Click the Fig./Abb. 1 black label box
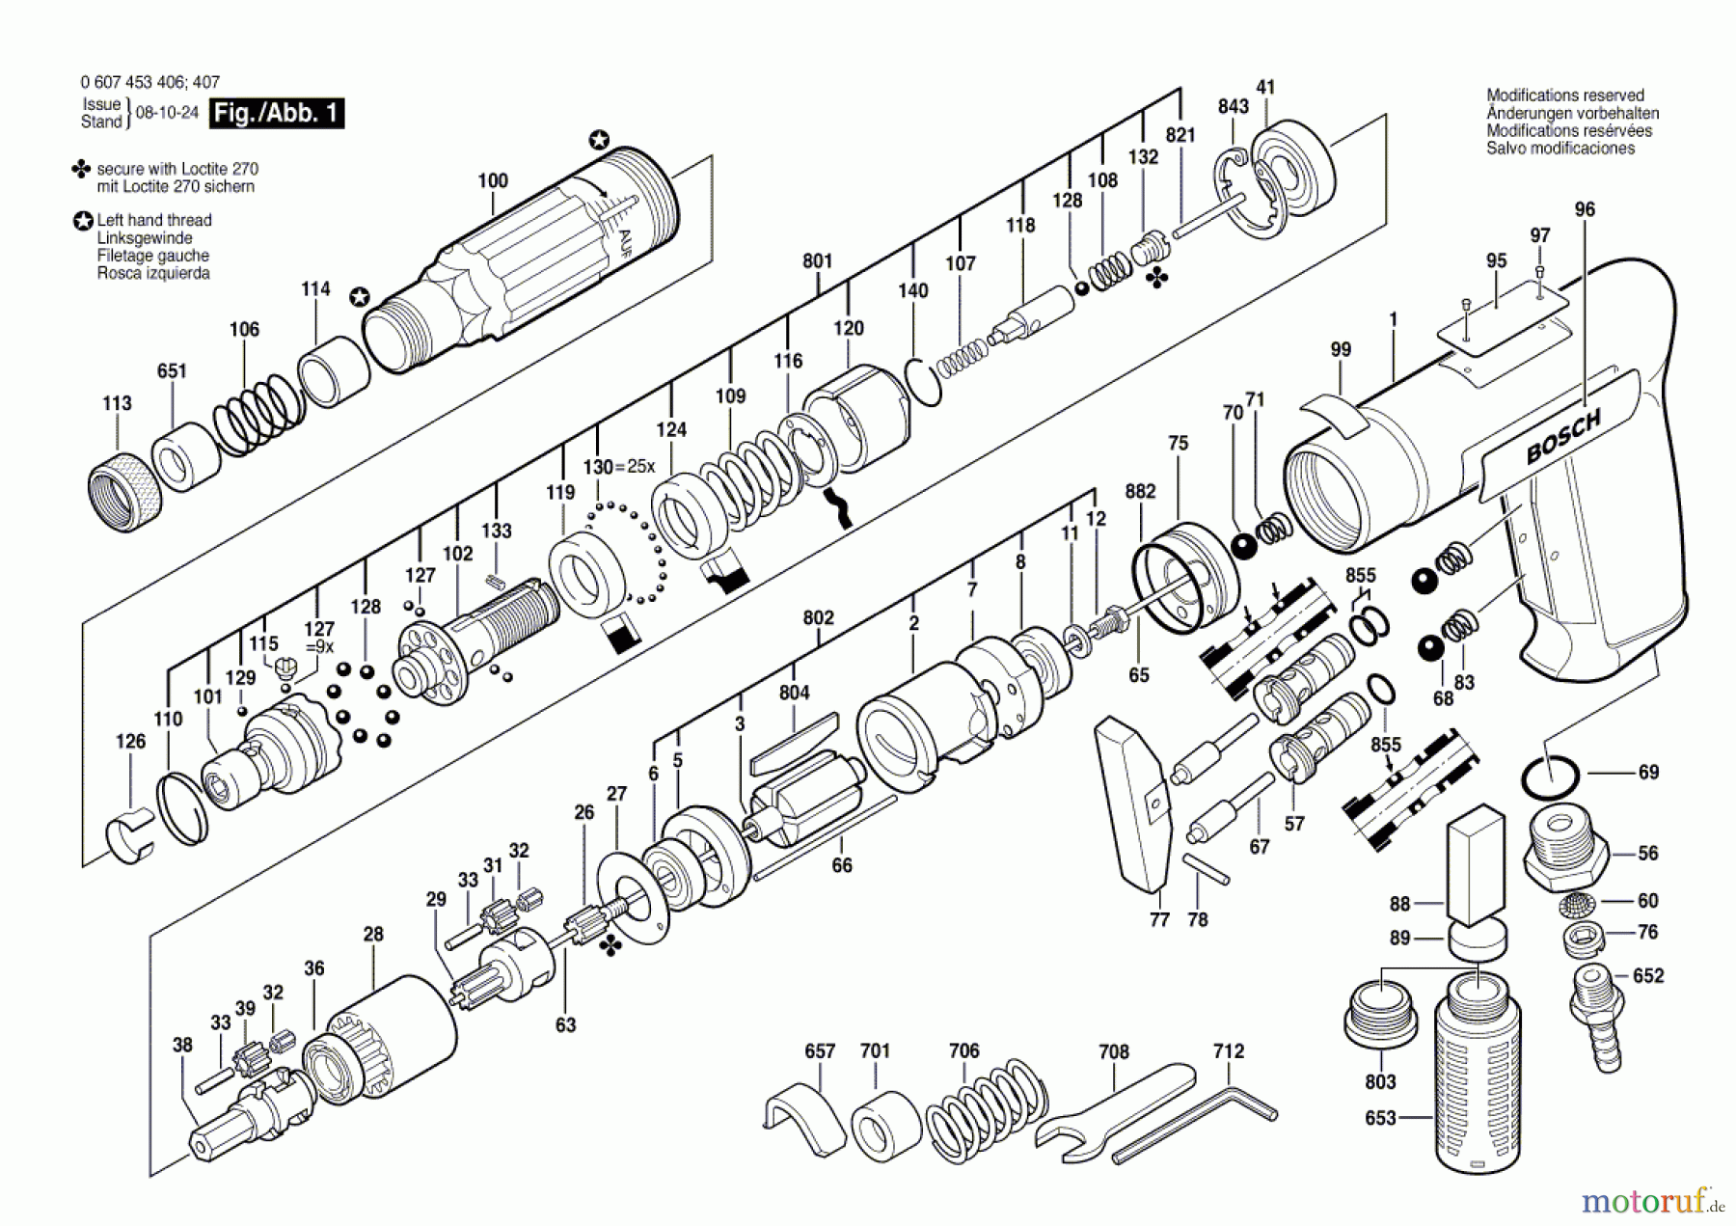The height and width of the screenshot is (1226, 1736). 278,113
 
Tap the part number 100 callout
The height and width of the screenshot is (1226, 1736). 493,180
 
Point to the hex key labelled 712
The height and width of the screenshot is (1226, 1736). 1196,1126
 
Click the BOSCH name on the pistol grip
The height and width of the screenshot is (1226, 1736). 1563,436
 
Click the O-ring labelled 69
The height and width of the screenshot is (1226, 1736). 1551,776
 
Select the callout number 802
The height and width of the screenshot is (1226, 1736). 818,617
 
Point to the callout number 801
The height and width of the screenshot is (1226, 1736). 817,260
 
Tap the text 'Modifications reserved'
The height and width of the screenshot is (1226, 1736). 1565,95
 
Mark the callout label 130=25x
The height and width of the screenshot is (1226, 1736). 619,467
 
